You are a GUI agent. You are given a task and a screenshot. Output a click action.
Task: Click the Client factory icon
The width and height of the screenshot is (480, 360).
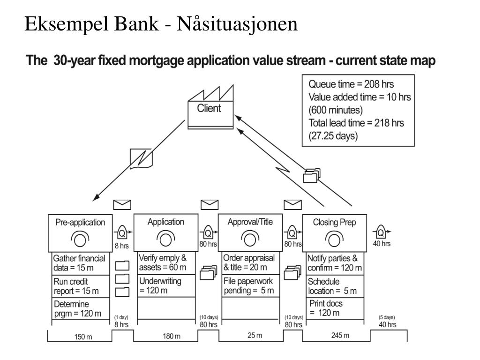tap(210, 107)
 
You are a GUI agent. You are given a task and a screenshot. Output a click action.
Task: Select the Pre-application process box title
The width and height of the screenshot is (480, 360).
tap(80, 222)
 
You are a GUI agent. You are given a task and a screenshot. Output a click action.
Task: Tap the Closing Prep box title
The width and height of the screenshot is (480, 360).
tap(334, 222)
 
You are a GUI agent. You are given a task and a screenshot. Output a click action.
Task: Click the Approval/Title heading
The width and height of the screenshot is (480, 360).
tap(250, 222)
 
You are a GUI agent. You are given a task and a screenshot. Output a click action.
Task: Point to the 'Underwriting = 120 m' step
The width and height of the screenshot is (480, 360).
tap(160, 285)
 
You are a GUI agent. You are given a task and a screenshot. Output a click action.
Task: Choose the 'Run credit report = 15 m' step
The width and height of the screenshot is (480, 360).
tap(76, 286)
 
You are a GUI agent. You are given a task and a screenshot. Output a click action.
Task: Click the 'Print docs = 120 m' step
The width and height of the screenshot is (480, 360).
tap(326, 308)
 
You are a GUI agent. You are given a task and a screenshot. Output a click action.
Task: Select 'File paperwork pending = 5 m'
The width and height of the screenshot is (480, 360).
tap(248, 285)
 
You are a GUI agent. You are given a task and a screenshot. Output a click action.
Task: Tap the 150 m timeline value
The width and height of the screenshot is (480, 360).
tap(83, 337)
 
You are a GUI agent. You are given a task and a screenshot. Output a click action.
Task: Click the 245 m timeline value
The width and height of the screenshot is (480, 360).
tap(340, 336)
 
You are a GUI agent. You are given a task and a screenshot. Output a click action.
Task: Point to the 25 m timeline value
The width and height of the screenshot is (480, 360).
tap(255, 336)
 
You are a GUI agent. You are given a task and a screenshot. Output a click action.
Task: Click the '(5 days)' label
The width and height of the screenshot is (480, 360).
tap(387, 317)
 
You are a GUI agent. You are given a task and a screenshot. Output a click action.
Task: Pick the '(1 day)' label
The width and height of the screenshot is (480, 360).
tap(121, 317)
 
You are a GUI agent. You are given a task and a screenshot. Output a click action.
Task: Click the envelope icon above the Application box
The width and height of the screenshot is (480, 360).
tap(210, 204)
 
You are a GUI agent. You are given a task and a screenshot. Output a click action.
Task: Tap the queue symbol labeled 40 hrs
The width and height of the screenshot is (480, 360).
tap(381, 232)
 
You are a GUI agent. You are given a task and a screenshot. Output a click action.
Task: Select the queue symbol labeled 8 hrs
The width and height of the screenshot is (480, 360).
tap(122, 233)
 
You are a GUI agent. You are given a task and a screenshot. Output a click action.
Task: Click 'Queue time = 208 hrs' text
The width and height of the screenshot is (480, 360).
tap(351, 84)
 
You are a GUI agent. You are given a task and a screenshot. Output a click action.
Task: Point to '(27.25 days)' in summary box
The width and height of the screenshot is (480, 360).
tap(333, 135)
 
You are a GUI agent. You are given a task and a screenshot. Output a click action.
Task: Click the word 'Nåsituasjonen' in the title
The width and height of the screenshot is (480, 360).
tap(237, 24)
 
